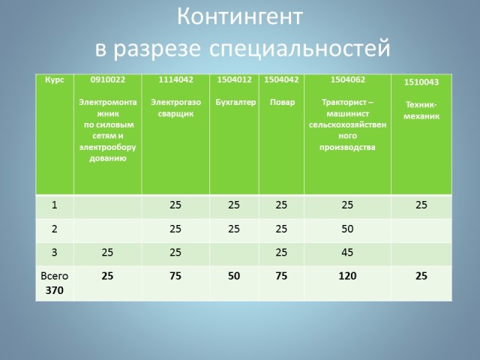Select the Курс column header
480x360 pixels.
(x=54, y=79)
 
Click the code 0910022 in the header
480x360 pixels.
(x=107, y=79)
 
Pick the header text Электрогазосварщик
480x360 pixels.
(x=175, y=107)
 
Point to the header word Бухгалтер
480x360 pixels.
(x=233, y=102)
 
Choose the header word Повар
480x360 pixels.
(x=281, y=102)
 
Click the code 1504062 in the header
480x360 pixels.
(x=347, y=79)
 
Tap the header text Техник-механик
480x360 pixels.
(x=421, y=110)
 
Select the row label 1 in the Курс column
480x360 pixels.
(x=54, y=205)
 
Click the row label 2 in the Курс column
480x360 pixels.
(x=54, y=229)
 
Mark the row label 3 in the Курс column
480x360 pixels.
(x=54, y=253)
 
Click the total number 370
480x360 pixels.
(x=54, y=289)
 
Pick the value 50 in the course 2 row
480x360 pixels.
(x=347, y=229)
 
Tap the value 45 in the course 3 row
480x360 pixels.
(x=347, y=253)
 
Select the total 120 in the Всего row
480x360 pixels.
(x=347, y=276)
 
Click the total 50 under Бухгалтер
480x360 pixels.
(x=234, y=276)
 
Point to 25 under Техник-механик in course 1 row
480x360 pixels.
(x=421, y=205)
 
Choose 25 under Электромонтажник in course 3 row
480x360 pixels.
(x=107, y=253)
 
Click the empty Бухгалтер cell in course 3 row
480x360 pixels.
(x=234, y=253)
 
